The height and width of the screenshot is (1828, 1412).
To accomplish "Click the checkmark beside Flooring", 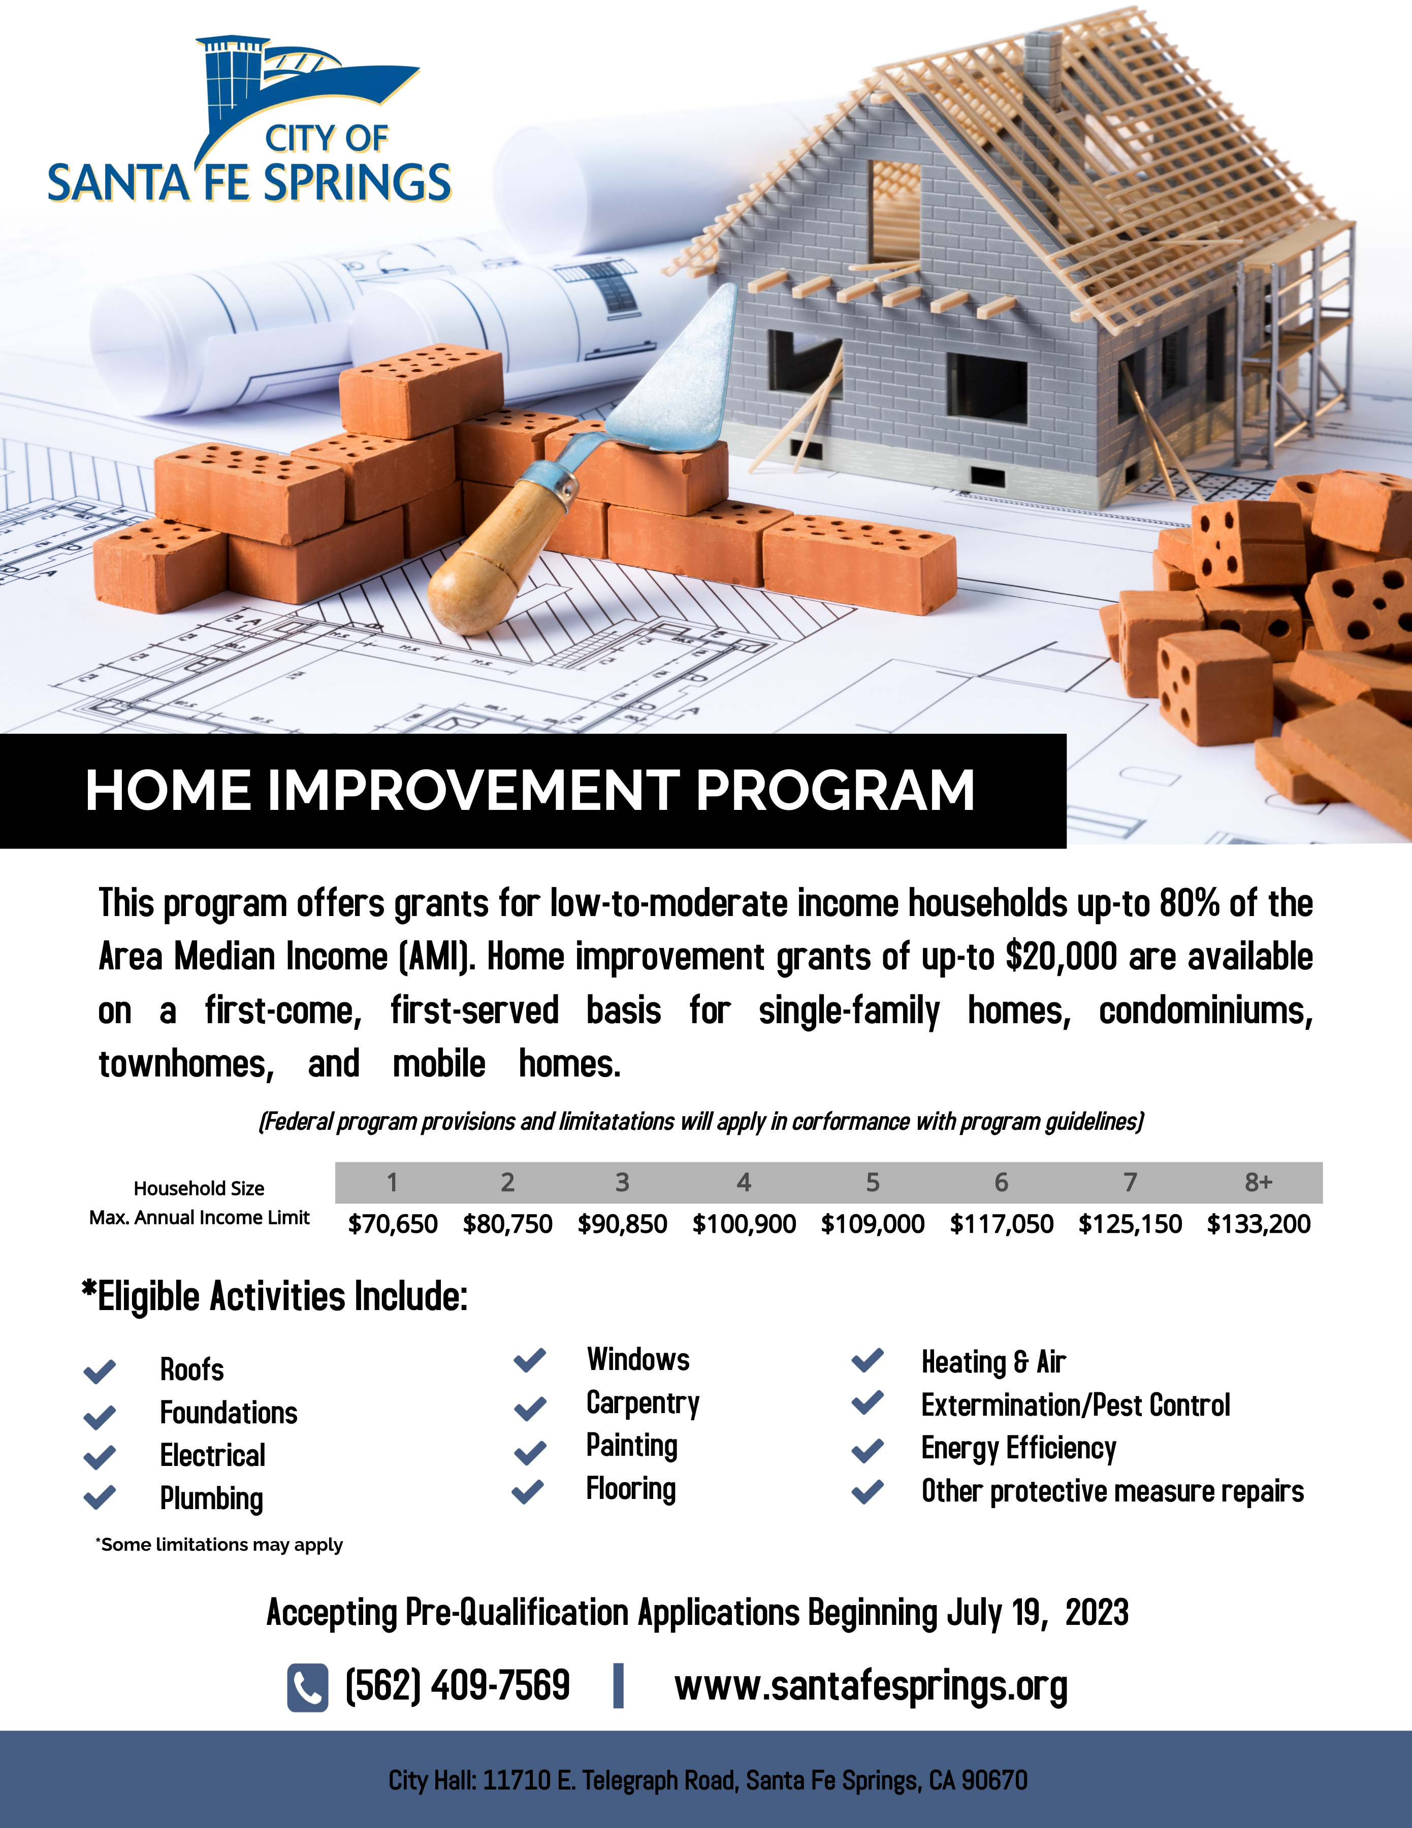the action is pyautogui.click(x=528, y=1491).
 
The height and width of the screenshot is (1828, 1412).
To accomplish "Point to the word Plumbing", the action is pyautogui.click(x=212, y=1498).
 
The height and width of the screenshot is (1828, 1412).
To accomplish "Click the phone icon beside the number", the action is pyautogui.click(x=307, y=1687).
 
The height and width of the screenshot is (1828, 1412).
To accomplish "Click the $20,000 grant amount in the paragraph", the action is pyautogui.click(x=1062, y=957).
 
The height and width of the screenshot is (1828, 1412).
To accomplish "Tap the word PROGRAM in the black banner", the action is pyautogui.click(x=836, y=790).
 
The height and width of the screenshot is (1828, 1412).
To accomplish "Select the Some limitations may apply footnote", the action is pyautogui.click(x=219, y=1544).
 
